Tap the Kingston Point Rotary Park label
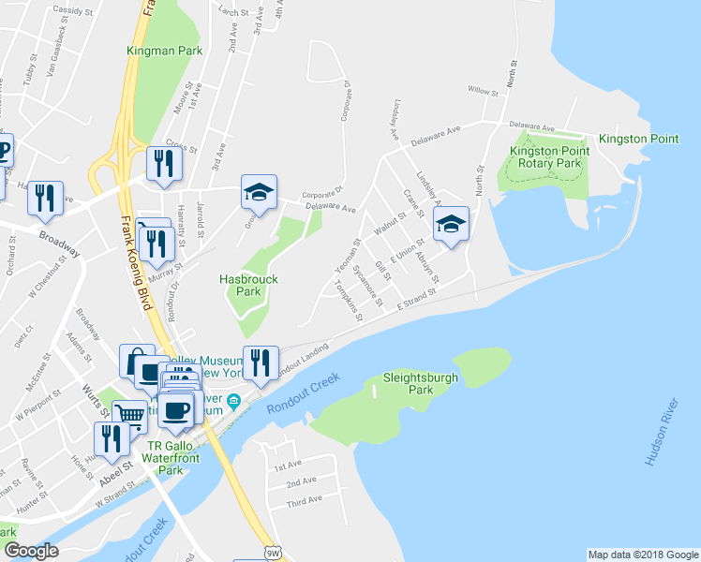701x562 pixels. pos(544,157)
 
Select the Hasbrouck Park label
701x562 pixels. pos(247,285)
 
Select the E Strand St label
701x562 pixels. pos(416,301)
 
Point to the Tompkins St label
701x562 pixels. pos(348,302)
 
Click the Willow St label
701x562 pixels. pos(483,91)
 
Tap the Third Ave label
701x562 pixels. pos(305,501)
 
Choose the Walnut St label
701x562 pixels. pos(388,225)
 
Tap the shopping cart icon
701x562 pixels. pos(129,415)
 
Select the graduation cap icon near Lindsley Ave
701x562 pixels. pos(451,224)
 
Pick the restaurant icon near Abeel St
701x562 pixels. pos(112,438)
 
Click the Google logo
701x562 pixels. pos(32,552)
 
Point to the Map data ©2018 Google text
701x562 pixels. pos(642,555)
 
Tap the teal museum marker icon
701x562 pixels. pos(234,401)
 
